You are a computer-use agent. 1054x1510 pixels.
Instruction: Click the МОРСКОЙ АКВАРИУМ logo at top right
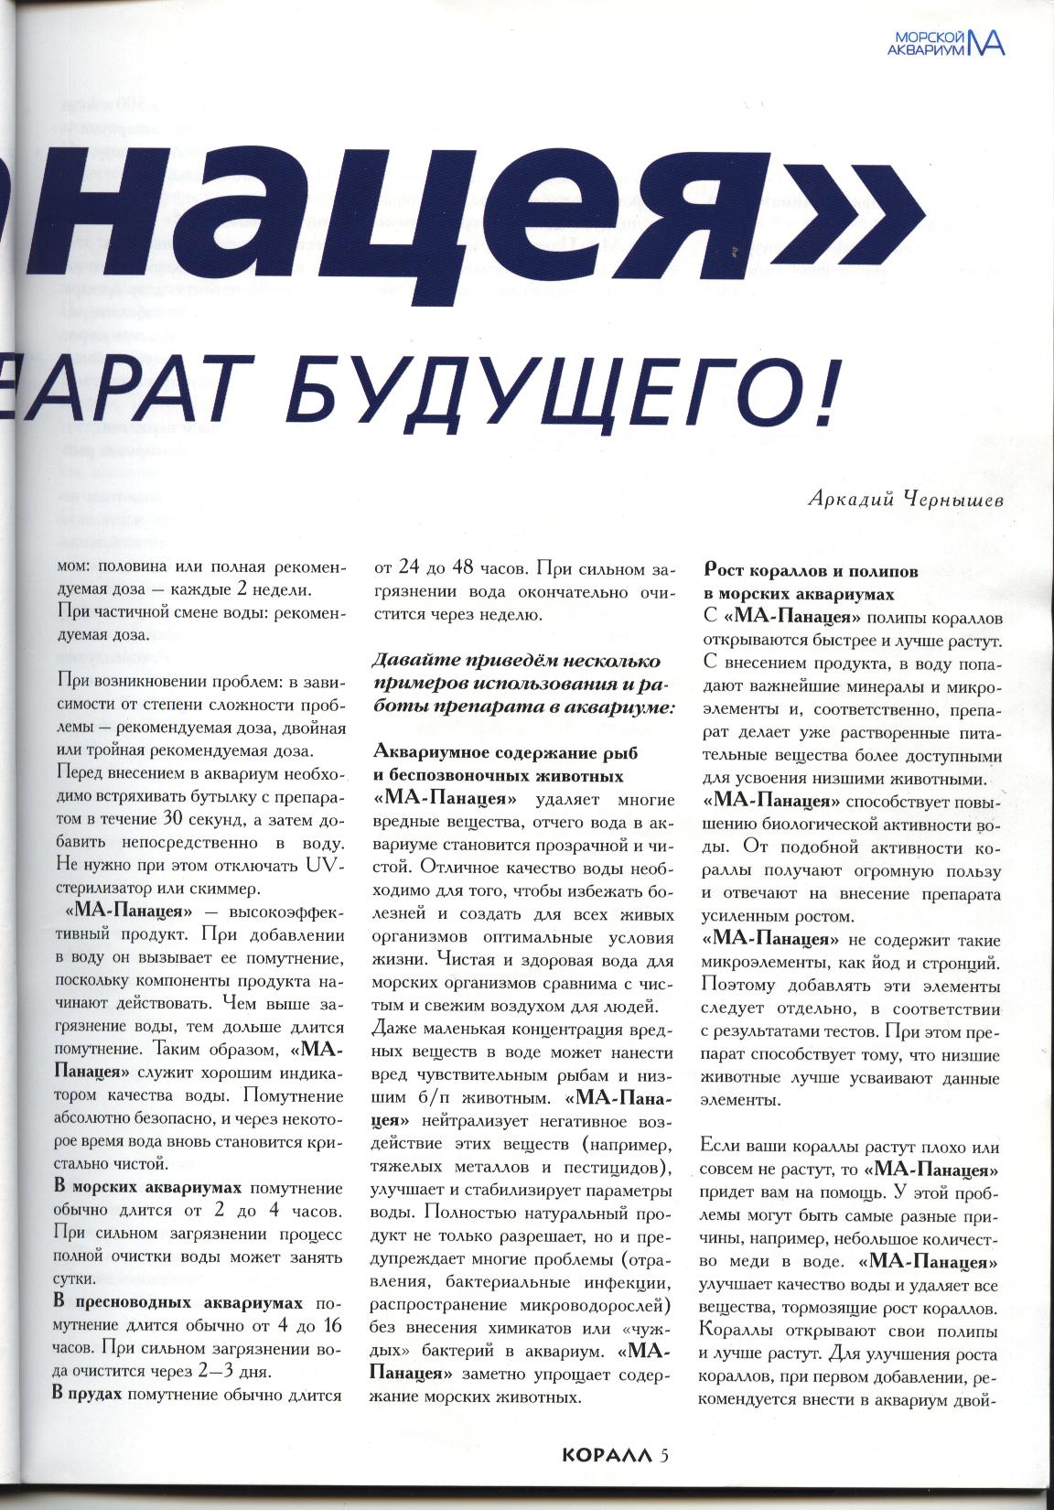[946, 42]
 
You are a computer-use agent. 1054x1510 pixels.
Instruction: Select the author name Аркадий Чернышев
[905, 500]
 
